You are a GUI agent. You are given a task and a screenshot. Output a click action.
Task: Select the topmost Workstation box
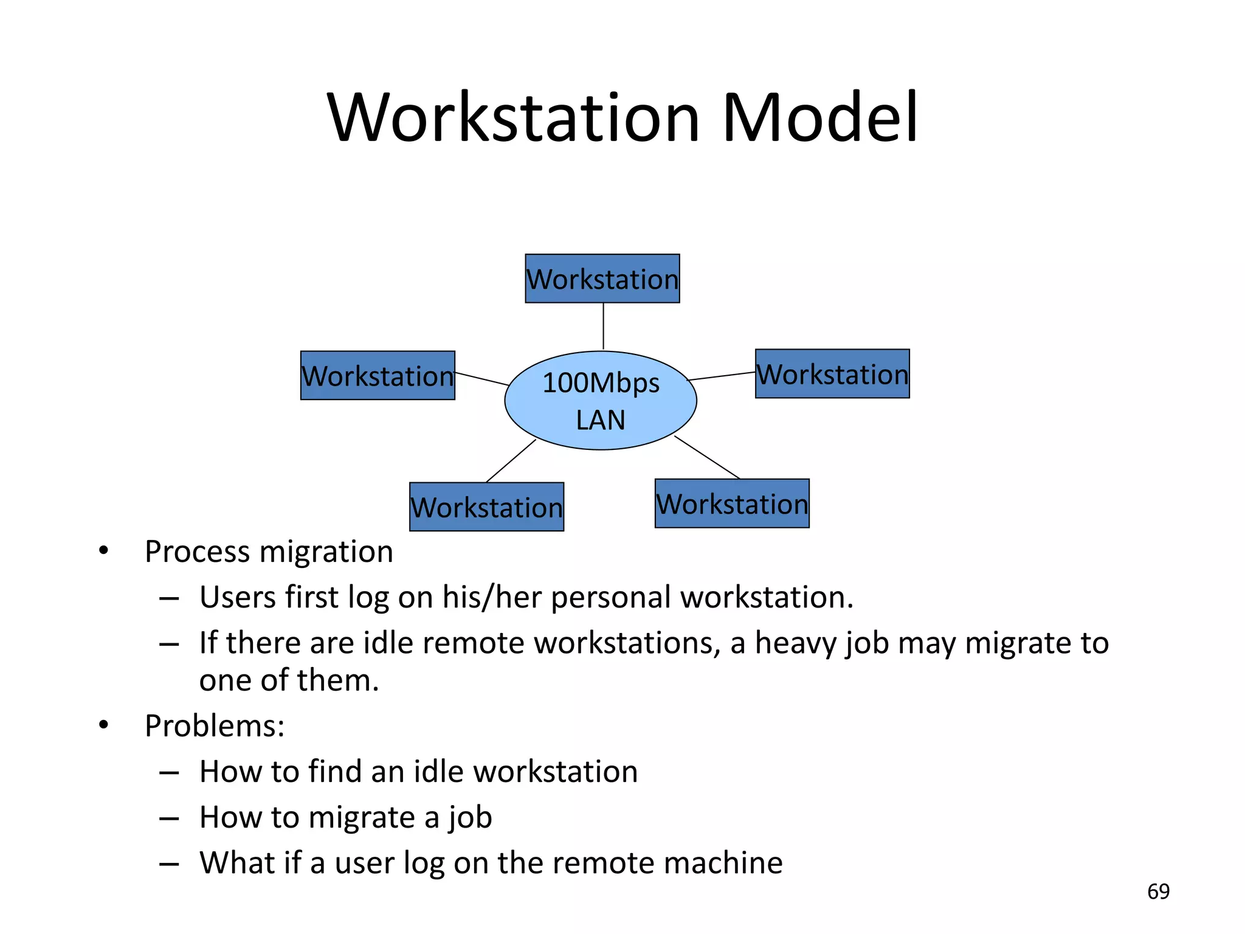click(x=602, y=278)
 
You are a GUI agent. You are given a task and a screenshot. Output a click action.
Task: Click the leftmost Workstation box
click(x=378, y=375)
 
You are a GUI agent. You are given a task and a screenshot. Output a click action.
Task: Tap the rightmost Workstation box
click(x=832, y=373)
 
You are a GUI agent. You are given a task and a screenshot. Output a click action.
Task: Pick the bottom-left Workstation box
click(x=486, y=507)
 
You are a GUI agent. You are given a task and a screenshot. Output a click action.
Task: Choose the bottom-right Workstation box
click(x=732, y=503)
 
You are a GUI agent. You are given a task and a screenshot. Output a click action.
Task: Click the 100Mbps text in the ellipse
click(x=601, y=382)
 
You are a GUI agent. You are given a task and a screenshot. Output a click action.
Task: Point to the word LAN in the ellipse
click(x=601, y=420)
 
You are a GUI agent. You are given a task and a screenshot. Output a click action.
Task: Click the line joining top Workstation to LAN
click(x=603, y=326)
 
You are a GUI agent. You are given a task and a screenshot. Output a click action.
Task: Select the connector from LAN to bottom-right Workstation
click(x=707, y=457)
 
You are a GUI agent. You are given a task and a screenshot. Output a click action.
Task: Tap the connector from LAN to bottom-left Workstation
click(x=511, y=461)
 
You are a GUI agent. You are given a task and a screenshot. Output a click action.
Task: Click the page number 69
click(x=1158, y=891)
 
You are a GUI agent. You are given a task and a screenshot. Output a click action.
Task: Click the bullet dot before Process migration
click(x=104, y=551)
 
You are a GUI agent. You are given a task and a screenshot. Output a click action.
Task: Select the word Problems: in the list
click(x=215, y=725)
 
